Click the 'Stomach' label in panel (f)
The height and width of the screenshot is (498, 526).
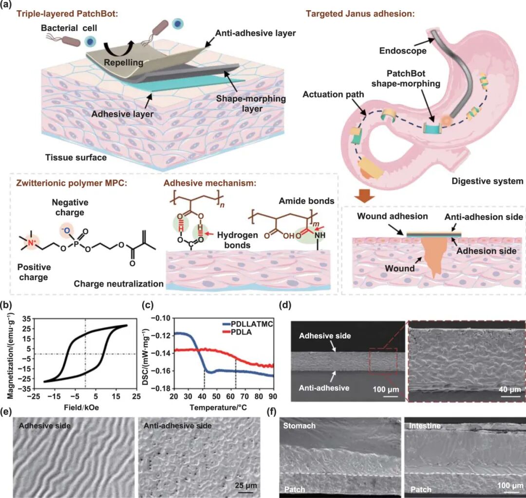click(x=300, y=426)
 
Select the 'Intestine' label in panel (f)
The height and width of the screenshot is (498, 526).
click(x=425, y=426)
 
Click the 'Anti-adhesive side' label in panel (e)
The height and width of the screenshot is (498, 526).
click(x=177, y=426)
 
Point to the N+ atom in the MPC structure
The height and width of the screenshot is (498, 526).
click(x=42, y=243)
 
